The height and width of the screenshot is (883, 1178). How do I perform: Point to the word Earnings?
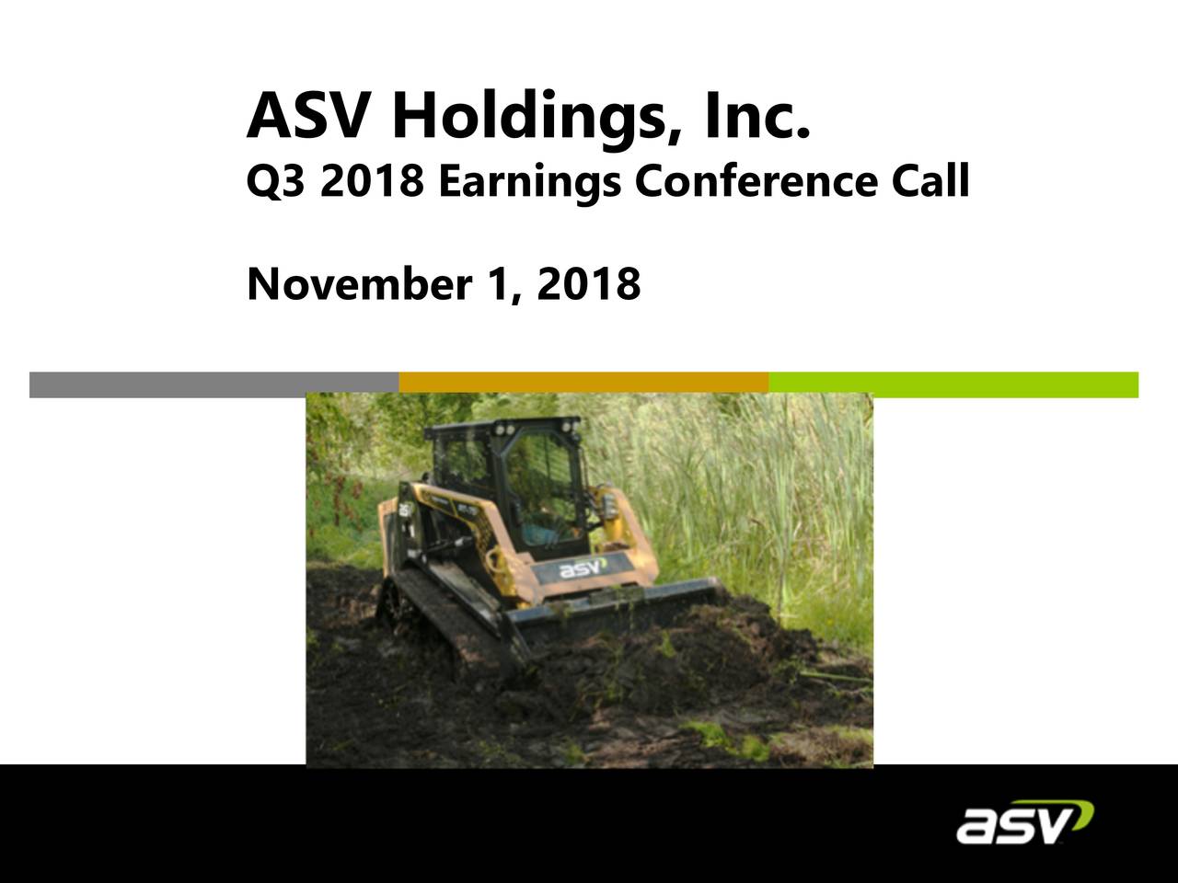pyautogui.click(x=528, y=183)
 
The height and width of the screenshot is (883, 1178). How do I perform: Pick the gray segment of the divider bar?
pyautogui.click(x=214, y=384)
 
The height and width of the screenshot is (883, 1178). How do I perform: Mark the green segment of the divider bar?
pyautogui.click(x=953, y=384)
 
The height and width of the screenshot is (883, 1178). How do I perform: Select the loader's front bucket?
pyautogui.click(x=617, y=616)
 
